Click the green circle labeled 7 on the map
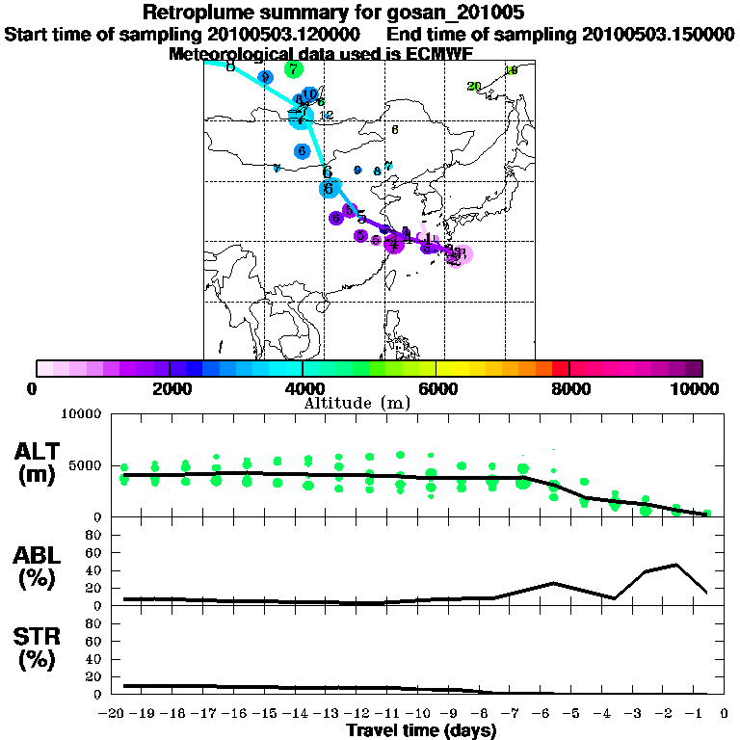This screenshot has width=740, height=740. [294, 69]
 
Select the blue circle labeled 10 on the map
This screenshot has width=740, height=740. [309, 94]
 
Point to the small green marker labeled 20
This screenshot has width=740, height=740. [474, 87]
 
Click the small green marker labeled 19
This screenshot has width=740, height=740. [512, 70]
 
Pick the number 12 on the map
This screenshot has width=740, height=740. [326, 116]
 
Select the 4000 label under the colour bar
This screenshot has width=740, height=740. [303, 389]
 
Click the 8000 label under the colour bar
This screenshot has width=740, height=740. [569, 389]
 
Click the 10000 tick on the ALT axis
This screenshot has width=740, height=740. [82, 414]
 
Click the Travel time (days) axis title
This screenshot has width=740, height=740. [421, 731]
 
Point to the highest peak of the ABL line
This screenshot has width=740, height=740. [676, 565]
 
